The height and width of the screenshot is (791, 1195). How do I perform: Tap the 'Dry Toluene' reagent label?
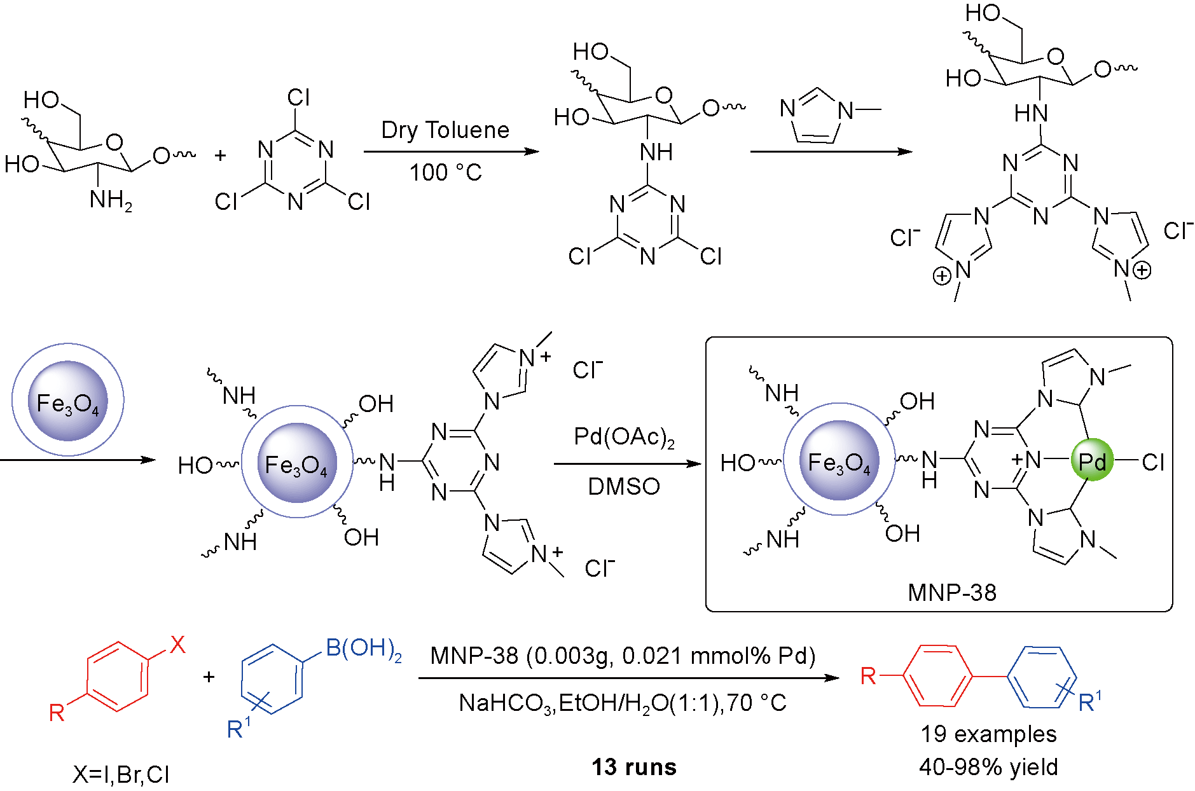[445, 130]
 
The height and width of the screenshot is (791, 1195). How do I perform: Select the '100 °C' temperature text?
[445, 172]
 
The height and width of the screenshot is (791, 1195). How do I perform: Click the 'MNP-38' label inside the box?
[951, 593]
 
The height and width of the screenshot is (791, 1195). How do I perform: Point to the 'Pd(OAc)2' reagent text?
[624, 437]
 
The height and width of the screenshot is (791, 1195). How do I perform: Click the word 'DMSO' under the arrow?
[624, 486]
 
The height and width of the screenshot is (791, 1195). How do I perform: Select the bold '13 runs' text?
[634, 767]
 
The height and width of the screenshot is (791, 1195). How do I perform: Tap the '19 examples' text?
[988, 734]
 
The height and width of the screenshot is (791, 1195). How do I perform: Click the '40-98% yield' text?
[988, 767]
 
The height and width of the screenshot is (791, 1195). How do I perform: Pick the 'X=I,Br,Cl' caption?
[121, 774]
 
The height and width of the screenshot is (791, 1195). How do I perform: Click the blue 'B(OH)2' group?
[363, 649]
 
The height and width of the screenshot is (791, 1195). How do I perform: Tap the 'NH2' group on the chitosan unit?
[111, 200]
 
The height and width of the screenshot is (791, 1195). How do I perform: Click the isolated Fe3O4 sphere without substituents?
[68, 401]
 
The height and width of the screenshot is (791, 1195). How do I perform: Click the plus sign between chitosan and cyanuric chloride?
[220, 155]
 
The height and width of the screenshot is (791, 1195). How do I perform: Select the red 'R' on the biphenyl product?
[868, 676]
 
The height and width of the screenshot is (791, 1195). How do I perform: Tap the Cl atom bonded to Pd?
[1152, 462]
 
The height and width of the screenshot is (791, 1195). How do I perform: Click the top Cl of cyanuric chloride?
[298, 97]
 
